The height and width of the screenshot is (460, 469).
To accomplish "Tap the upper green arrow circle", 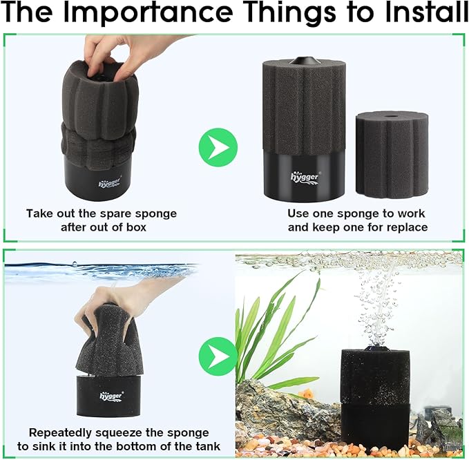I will pos(218,146).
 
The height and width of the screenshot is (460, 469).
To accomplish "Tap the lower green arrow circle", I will pos(218,357).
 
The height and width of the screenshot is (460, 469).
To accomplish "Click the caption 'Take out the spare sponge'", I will pos(102,213).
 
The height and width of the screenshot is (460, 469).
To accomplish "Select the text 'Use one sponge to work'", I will pos(356,213).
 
